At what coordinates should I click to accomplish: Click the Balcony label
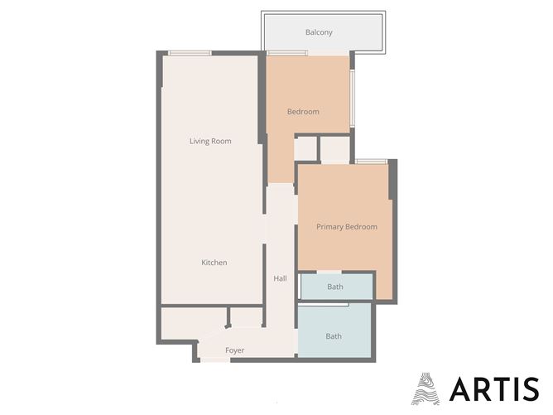coord(319,32)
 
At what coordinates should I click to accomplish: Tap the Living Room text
coord(210,141)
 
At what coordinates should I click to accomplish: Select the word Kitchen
coord(214,263)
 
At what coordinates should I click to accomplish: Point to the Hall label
coord(280,278)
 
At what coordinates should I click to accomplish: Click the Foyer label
coord(235,350)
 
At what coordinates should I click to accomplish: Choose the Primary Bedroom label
coord(347,227)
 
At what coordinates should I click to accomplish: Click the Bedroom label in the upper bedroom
coord(303,112)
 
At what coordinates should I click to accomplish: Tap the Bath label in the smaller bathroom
coord(334,287)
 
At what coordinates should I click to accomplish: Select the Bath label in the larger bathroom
coord(333,336)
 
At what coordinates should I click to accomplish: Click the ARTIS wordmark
coord(493,388)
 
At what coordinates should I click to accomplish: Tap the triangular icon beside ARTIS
coord(426,388)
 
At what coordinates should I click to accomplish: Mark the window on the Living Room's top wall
coord(190,54)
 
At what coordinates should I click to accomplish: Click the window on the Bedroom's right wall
coord(352,98)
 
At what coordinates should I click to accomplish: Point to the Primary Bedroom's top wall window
coord(372,162)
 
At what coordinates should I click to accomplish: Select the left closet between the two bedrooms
coord(305,148)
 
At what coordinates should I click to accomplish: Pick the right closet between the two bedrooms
coord(335,149)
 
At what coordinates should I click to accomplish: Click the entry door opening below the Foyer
coord(215,360)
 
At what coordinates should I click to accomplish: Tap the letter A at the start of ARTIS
coord(459,388)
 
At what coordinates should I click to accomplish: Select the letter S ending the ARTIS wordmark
coord(529,388)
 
